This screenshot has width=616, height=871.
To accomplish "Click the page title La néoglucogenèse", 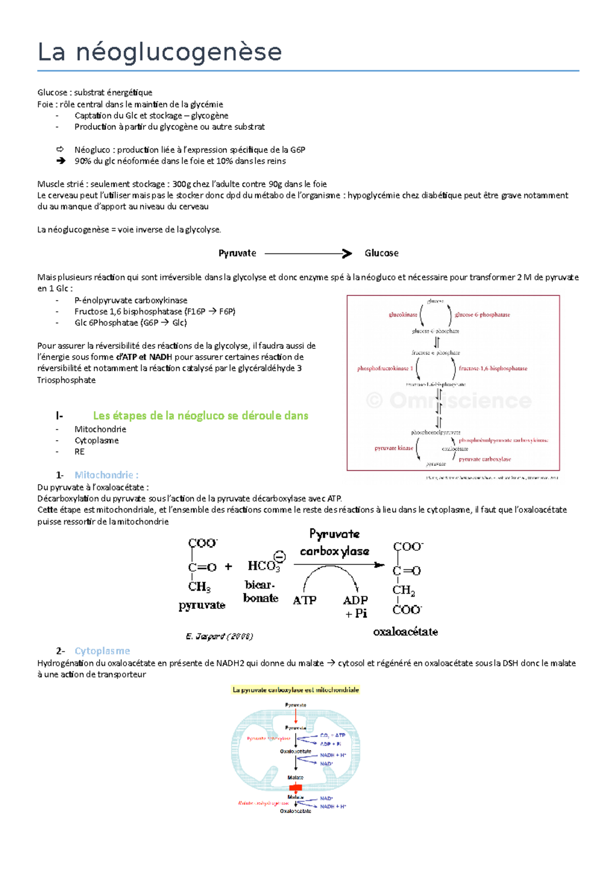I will point(160,52).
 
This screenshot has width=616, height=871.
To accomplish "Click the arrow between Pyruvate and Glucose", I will point(308,253).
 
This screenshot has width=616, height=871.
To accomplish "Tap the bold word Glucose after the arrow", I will point(381,253).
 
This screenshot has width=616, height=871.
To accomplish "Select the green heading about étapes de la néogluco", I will point(200,416).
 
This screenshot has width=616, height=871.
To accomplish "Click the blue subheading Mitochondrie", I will point(106,475).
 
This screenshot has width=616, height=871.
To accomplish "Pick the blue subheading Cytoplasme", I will point(102,651).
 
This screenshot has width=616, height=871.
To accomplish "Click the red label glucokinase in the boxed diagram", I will point(403,314).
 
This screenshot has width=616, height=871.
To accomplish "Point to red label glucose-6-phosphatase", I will point(482,314).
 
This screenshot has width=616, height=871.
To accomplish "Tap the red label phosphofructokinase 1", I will point(385,368).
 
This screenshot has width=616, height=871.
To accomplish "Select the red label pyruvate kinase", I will point(394,448).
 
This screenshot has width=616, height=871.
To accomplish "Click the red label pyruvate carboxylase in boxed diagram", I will point(485,459).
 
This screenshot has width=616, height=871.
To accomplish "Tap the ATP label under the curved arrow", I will point(304,600).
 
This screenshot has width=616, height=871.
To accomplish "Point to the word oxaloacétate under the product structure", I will point(406,632).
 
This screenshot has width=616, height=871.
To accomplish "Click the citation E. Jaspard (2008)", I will point(219,637).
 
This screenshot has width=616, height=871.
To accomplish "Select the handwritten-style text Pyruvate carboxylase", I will point(335,543).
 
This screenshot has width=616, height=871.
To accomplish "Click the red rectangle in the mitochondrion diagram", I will point(296,787).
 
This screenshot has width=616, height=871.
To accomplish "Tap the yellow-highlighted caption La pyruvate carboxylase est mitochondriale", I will point(296,690).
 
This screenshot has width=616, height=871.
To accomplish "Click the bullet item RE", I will point(80,452).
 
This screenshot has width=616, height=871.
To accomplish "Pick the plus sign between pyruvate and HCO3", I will point(228,567).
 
